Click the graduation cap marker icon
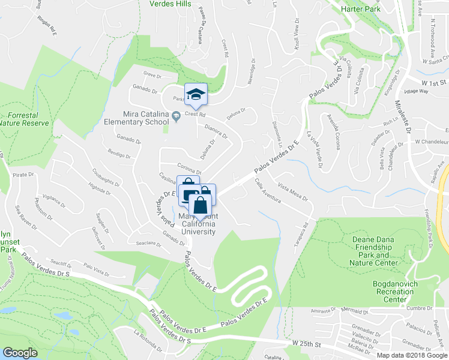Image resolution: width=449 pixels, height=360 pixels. pyautogui.click(x=196, y=94)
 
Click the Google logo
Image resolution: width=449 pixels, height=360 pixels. pyautogui.click(x=20, y=353)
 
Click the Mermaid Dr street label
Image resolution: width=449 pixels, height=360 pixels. pyautogui.click(x=352, y=311)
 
